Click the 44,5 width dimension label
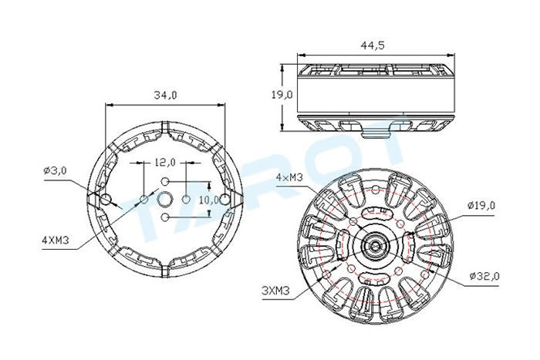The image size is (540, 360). [x=373, y=45]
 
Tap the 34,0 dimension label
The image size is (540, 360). [x=165, y=96]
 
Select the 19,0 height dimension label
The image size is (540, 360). [x=282, y=94]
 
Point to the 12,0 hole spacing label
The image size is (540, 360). [x=164, y=162]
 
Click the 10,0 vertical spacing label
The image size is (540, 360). [x=209, y=200]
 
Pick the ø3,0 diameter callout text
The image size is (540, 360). [x=55, y=170]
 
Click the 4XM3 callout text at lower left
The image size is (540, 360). [x=55, y=240]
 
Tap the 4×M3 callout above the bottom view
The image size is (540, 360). [x=289, y=177]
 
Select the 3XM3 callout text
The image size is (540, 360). [x=275, y=291]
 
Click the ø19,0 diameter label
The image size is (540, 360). [x=481, y=206]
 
